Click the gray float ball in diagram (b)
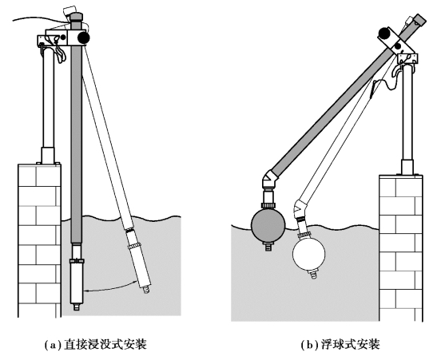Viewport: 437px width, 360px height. pos(268,225)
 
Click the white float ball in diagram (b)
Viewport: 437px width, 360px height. pos(309,254)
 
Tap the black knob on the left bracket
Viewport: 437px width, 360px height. pos(83,38)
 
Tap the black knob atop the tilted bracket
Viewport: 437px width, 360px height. pos(384,34)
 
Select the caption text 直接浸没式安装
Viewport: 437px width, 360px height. pos(105,345)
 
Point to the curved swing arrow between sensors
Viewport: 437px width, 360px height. pos(113,288)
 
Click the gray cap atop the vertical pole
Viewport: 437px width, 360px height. pos(76,17)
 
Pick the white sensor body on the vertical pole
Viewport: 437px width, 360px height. pos(77,283)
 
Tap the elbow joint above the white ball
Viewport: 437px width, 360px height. pos(300,208)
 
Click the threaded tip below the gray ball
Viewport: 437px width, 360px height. pos(268,247)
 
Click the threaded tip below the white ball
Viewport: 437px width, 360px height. pos(313,275)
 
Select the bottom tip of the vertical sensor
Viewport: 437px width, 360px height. pos(77,307)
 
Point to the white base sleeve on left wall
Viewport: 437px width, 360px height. pos(48,155)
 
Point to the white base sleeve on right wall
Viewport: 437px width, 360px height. pos(407,167)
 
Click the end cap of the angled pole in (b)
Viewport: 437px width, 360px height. pos(419,19)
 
